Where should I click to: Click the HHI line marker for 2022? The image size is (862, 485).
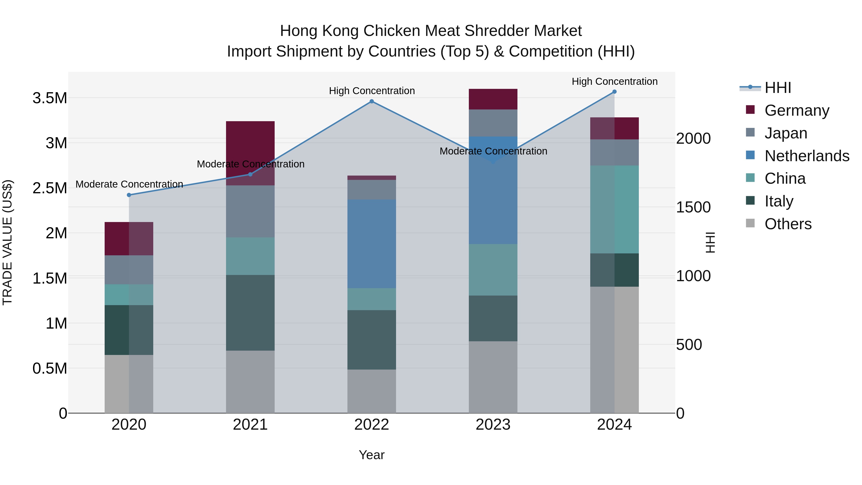pyautogui.click(x=371, y=101)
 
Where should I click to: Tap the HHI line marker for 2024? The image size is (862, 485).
pyautogui.click(x=614, y=92)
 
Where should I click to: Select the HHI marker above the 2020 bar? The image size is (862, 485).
pyautogui.click(x=129, y=195)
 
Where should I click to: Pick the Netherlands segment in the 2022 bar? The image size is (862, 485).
pyautogui.click(x=371, y=244)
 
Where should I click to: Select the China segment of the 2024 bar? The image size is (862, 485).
pyautogui.click(x=614, y=209)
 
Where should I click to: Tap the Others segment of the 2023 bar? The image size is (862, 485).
pyautogui.click(x=493, y=377)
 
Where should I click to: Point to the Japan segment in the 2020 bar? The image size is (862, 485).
pyautogui.click(x=129, y=270)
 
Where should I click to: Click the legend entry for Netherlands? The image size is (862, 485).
pyautogui.click(x=806, y=156)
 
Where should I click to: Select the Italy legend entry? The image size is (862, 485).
pyautogui.click(x=779, y=201)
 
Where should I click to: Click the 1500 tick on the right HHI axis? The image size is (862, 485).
pyautogui.click(x=693, y=207)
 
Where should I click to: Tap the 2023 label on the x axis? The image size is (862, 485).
pyautogui.click(x=493, y=425)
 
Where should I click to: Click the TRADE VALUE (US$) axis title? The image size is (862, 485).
pyautogui.click(x=7, y=242)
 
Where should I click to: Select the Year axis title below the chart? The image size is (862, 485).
pyautogui.click(x=371, y=455)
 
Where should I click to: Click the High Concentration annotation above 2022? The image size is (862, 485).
pyautogui.click(x=371, y=91)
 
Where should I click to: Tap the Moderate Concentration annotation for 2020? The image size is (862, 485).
pyautogui.click(x=129, y=184)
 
